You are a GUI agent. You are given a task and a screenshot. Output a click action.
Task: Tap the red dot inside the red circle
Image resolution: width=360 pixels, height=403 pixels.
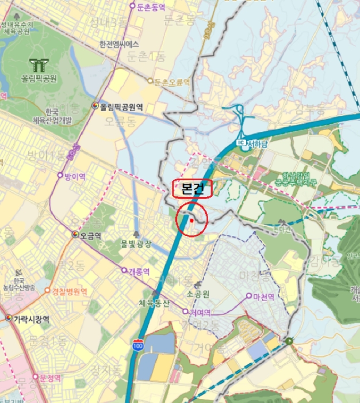pos(192,220)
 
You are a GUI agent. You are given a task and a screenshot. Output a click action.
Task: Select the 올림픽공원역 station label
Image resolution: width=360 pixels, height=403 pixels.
pos(121,107)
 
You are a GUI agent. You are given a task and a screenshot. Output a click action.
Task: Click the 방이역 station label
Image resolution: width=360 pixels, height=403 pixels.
pos(75,177)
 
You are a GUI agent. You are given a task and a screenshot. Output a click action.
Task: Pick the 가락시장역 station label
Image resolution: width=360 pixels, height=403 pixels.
pos(30,319)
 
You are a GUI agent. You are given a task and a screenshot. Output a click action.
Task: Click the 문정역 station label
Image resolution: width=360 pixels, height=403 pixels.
pos(51,378)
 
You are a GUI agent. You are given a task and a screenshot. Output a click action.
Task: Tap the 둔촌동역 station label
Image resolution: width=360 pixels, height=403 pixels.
pos(151,7)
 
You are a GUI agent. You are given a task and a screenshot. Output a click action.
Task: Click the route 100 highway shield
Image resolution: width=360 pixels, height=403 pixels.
pos(137,345)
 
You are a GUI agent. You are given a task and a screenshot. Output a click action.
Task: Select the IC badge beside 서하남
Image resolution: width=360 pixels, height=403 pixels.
pos(241,142)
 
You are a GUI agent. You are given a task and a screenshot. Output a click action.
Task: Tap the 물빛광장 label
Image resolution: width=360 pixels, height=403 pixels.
pos(136,244)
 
